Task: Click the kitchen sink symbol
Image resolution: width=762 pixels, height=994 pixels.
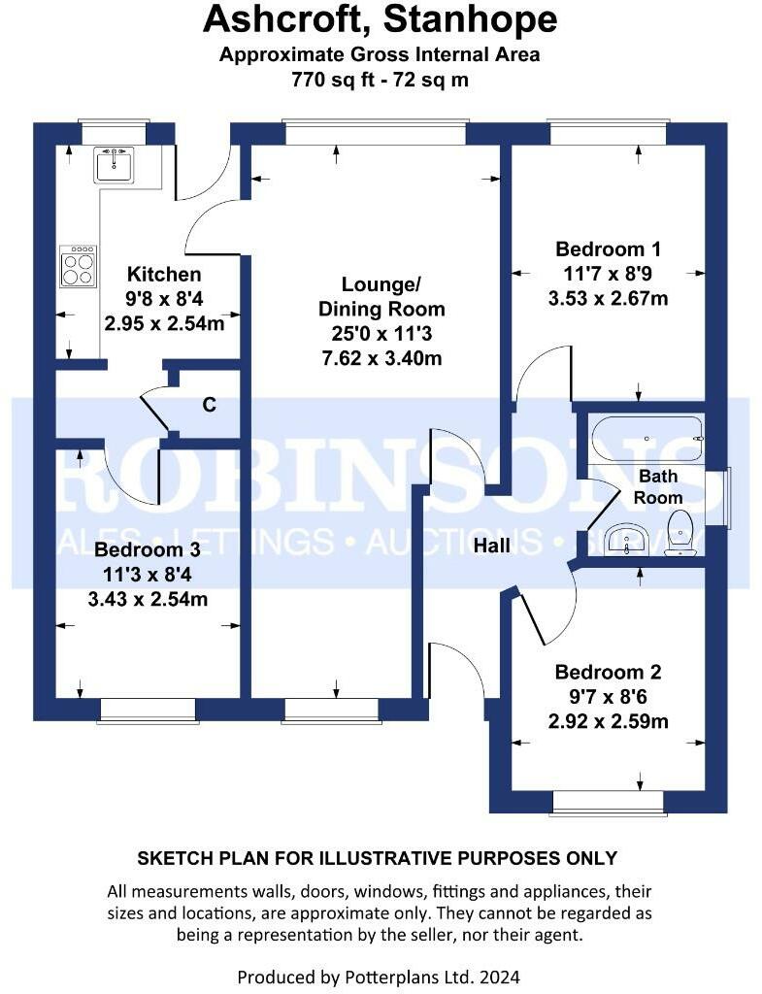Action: [x=114, y=165]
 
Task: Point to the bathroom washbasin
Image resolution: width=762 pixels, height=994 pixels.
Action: [x=626, y=539]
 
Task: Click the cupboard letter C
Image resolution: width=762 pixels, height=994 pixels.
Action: [x=210, y=405]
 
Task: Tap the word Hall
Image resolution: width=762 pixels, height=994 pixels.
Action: [x=492, y=545]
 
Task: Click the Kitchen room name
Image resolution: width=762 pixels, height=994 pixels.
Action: [x=164, y=275]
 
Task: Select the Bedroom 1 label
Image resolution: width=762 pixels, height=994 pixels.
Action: [x=608, y=249]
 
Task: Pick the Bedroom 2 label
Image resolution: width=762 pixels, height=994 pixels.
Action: [x=608, y=672]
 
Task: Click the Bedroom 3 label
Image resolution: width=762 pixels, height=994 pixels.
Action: [x=148, y=549]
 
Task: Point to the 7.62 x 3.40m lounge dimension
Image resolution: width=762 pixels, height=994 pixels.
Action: [x=381, y=358]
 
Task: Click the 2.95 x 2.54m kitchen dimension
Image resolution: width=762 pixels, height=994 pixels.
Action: [x=164, y=323]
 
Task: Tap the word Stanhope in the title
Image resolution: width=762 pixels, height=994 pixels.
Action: [x=471, y=19]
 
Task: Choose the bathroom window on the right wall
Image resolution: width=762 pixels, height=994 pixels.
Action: [x=725, y=498]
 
